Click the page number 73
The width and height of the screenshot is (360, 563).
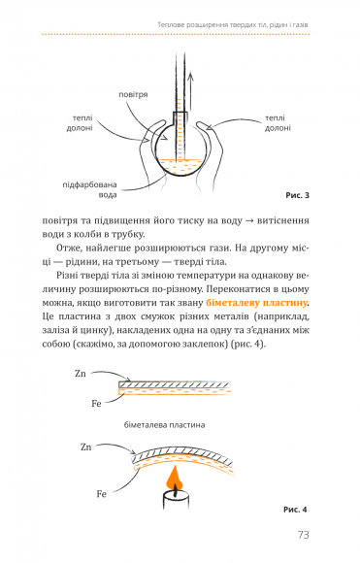(303, 535)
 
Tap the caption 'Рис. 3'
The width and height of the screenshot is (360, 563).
(297, 195)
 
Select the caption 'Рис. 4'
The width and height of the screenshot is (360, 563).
(295, 510)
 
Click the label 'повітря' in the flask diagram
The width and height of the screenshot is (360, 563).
(133, 95)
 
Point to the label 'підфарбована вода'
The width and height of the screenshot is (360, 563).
(89, 190)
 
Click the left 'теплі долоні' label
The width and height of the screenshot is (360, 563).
(80, 123)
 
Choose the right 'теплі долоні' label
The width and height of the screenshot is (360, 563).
(278, 123)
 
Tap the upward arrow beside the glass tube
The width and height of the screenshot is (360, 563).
(191, 92)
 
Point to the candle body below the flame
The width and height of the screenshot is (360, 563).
(176, 500)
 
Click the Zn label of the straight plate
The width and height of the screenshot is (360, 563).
(81, 374)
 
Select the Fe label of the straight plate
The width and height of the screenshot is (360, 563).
(96, 404)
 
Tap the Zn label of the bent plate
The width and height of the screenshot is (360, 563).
(85, 447)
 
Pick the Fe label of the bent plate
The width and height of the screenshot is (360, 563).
(102, 494)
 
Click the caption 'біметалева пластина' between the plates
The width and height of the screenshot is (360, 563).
(164, 425)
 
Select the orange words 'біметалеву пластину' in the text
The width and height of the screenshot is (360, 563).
(256, 303)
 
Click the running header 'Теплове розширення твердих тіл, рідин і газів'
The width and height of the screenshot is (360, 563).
(233, 25)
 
